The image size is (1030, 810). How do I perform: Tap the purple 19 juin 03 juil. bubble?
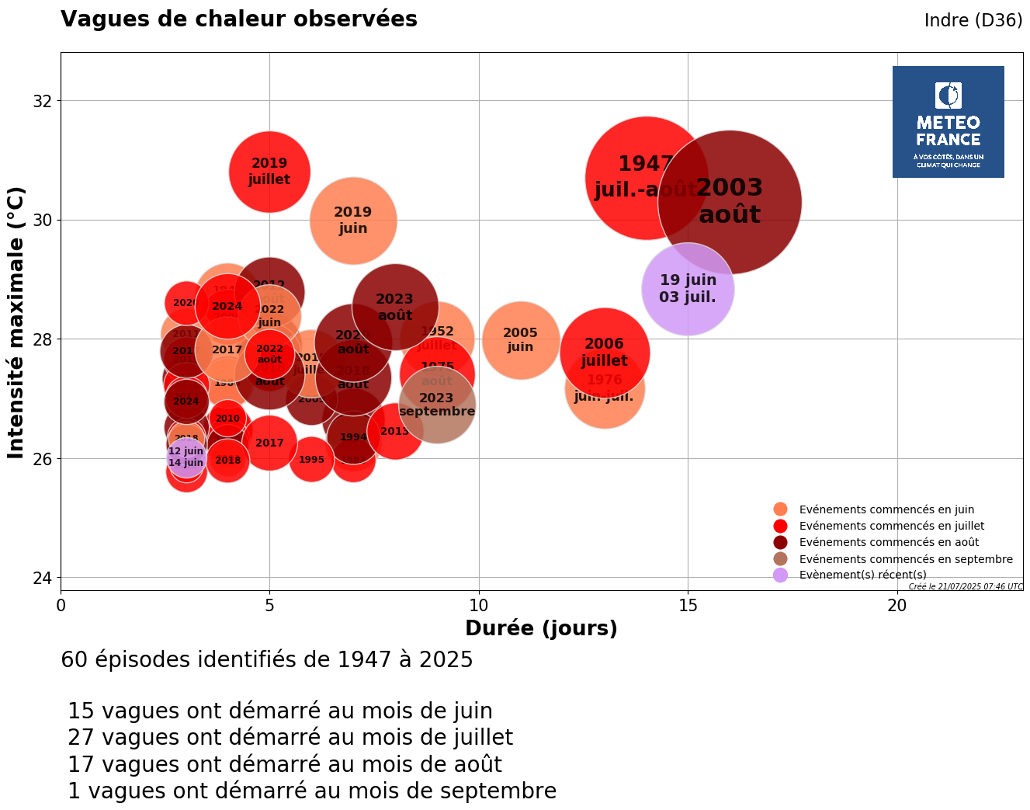(688, 289)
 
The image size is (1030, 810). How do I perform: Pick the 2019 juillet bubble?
(269, 172)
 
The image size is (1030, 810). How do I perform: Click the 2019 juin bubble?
(353, 221)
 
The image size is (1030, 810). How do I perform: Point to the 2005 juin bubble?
(520, 340)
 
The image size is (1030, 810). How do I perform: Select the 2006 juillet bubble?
(604, 351)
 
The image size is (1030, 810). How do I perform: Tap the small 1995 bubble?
(311, 460)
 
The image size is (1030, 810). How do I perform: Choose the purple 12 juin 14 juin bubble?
(186, 457)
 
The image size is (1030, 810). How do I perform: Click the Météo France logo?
(948, 122)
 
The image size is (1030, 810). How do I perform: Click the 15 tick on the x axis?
(688, 605)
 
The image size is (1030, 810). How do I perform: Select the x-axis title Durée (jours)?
(541, 628)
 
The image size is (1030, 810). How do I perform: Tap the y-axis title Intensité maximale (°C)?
(16, 322)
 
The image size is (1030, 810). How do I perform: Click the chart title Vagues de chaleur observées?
(239, 19)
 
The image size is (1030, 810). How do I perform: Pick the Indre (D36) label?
(973, 21)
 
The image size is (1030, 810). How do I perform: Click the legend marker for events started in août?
(780, 542)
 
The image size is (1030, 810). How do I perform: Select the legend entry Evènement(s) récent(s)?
(862, 575)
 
